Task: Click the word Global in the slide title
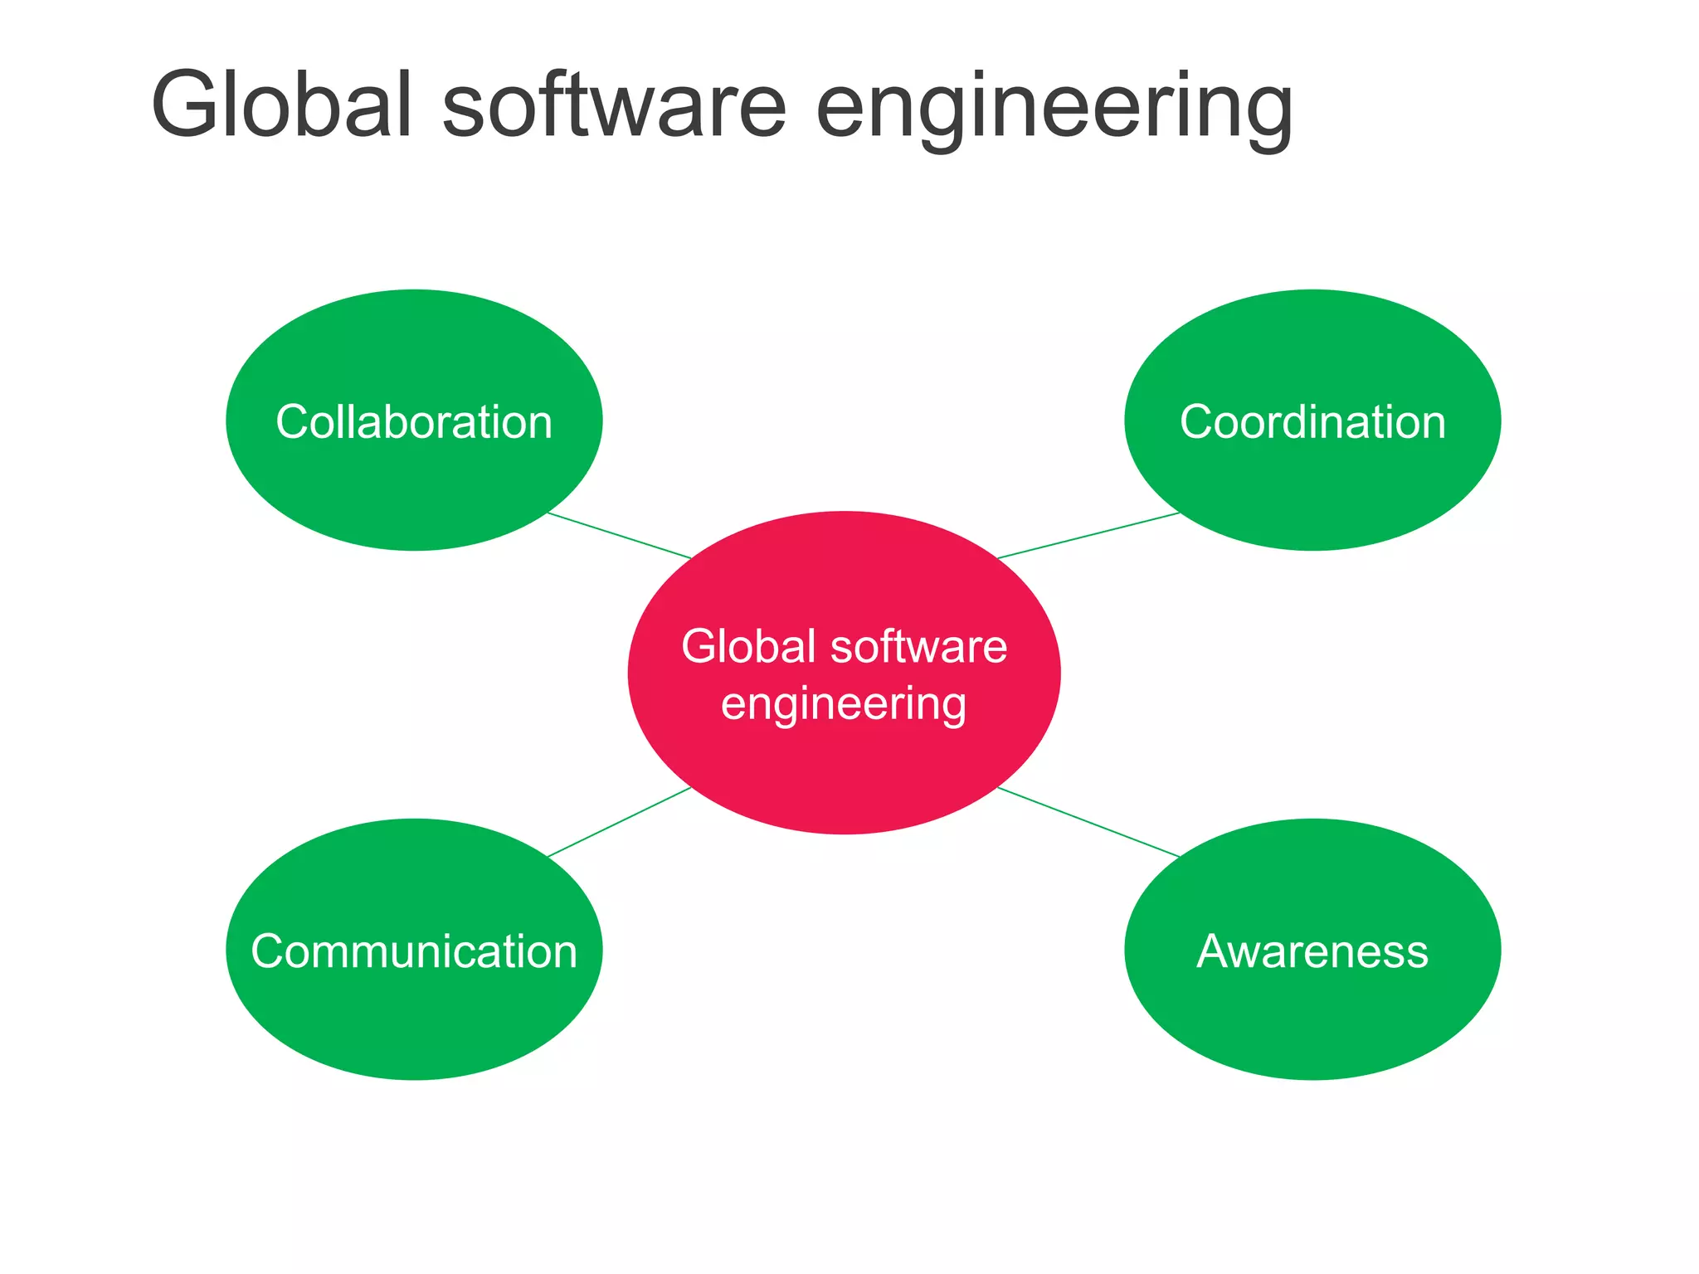(281, 105)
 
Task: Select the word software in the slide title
(614, 105)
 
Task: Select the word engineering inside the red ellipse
(844, 705)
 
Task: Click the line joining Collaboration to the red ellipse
(619, 535)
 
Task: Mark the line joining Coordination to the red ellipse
(1088, 535)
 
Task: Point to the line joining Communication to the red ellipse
(619, 821)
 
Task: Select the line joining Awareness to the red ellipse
(1088, 822)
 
